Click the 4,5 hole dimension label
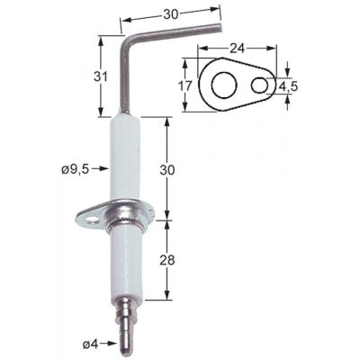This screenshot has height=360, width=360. tap(289, 86)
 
